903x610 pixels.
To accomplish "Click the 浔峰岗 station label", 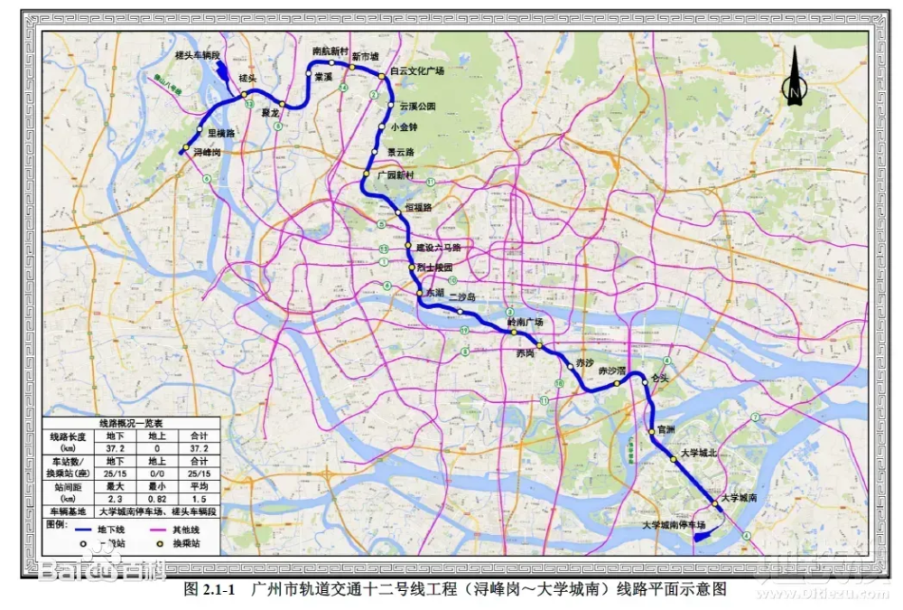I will (x=207, y=153).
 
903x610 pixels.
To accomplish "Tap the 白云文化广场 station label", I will (x=417, y=70).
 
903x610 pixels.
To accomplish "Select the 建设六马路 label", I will (x=438, y=247).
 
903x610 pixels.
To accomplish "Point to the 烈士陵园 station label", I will (x=434, y=267).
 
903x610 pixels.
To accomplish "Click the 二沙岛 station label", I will (x=461, y=296).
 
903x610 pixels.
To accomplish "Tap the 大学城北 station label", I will (x=698, y=453).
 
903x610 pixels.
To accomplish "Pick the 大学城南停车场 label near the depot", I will (x=673, y=524).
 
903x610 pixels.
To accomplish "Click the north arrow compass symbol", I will (x=795, y=80).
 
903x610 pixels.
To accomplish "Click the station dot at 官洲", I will (x=651, y=432).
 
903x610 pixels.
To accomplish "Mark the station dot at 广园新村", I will (x=368, y=174).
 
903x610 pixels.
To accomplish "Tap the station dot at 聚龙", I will (x=283, y=104).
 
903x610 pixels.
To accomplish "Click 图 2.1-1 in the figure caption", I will (x=209, y=590).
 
